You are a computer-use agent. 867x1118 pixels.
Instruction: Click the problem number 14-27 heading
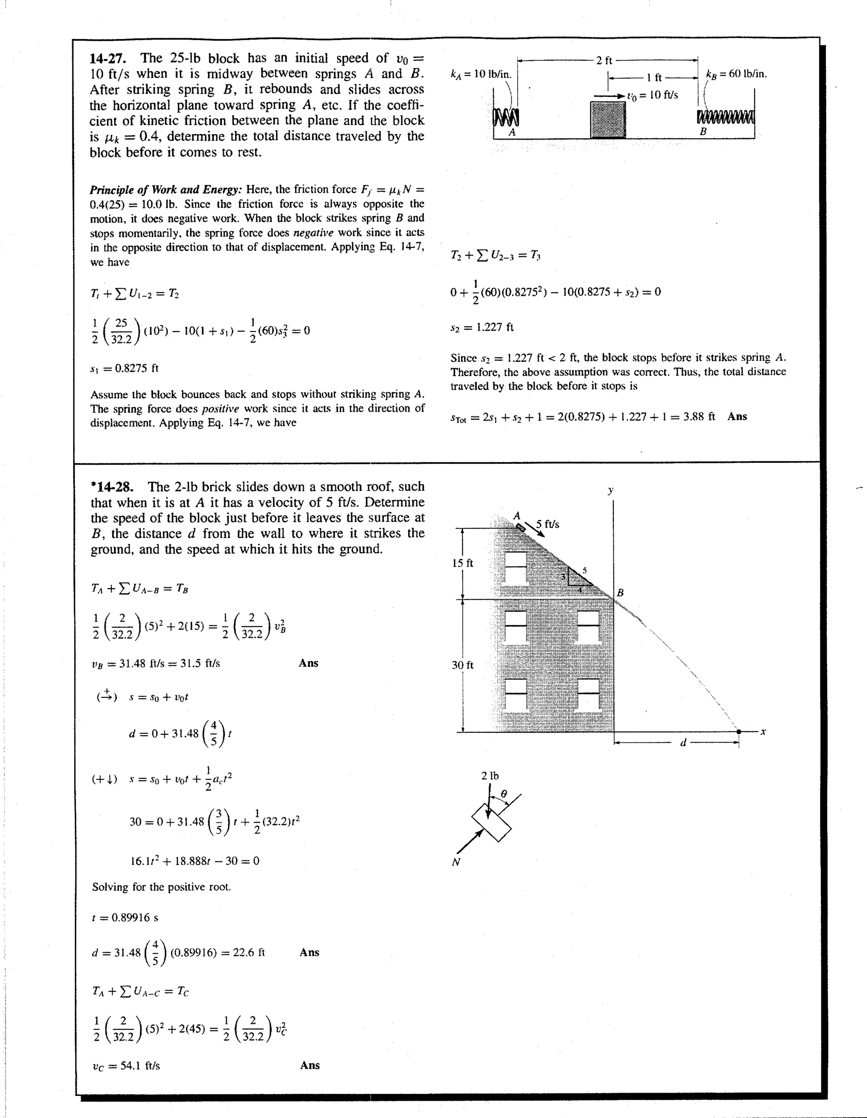pyautogui.click(x=108, y=58)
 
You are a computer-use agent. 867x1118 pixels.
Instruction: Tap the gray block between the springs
pyautogui.click(x=608, y=120)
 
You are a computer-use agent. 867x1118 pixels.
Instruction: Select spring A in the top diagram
pyautogui.click(x=505, y=117)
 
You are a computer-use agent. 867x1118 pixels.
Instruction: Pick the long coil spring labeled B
pyautogui.click(x=726, y=117)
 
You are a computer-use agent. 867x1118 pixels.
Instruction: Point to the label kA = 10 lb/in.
pyautogui.click(x=480, y=74)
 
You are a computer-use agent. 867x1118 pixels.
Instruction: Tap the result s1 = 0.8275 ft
pyautogui.click(x=124, y=368)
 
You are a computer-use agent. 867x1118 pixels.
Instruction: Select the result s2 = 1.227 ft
pyautogui.click(x=482, y=327)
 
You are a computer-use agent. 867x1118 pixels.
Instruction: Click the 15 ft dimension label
pyautogui.click(x=462, y=563)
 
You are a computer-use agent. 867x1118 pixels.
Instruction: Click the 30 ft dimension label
pyautogui.click(x=462, y=665)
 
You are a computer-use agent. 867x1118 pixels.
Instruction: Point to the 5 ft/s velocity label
pyautogui.click(x=548, y=524)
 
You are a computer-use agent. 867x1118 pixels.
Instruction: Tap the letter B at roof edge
pyautogui.click(x=620, y=593)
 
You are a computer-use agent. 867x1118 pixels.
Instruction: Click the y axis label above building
pyautogui.click(x=610, y=490)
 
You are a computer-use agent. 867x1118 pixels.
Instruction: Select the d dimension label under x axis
pyautogui.click(x=682, y=742)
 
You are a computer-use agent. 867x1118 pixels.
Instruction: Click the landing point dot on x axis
pyautogui.click(x=739, y=732)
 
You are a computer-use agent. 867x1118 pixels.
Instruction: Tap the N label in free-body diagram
pyautogui.click(x=456, y=863)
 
